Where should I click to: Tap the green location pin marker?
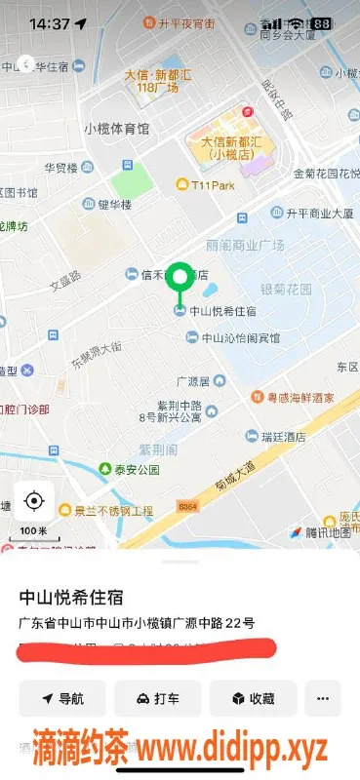[179, 278]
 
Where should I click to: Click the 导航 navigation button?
[62, 698]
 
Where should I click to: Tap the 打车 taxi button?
[157, 698]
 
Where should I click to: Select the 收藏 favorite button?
[253, 698]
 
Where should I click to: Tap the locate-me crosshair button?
[34, 501]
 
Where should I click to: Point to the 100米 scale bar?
[34, 532]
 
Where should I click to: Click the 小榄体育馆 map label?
[116, 129]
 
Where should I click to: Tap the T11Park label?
[213, 184]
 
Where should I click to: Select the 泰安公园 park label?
[135, 469]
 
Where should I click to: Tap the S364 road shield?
[187, 506]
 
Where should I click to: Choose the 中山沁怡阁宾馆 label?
[240, 337]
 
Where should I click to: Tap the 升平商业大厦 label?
[319, 212]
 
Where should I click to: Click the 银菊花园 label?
[285, 290]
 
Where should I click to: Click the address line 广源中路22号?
[137, 622]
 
